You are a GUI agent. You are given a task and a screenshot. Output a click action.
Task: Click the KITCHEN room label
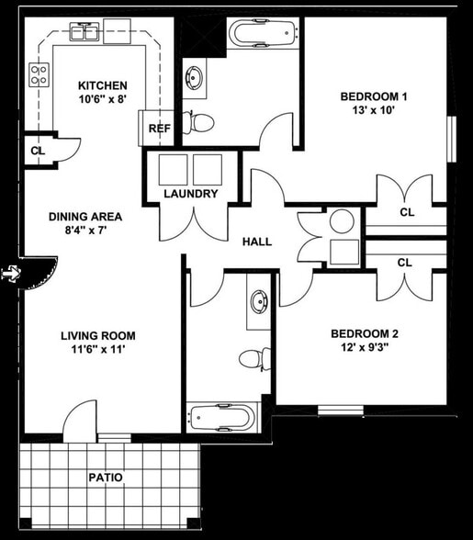(103, 85)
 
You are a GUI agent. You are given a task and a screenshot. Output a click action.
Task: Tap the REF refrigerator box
(160, 128)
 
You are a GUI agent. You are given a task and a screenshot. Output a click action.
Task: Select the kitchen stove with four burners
(39, 73)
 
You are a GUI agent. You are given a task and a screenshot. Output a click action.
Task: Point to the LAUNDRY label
(190, 194)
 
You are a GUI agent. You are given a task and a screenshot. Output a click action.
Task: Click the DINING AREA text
(85, 217)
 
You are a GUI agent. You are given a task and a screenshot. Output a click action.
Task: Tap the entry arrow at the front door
(11, 273)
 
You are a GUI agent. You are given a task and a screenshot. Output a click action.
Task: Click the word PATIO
(106, 478)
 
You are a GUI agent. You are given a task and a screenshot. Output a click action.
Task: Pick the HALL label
(256, 242)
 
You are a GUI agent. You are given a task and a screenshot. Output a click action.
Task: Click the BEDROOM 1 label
(374, 96)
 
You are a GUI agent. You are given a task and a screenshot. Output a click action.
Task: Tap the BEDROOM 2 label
(365, 333)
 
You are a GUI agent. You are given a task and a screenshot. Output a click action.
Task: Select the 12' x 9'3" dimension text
(365, 349)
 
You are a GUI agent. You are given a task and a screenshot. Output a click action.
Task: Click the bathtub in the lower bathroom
(220, 419)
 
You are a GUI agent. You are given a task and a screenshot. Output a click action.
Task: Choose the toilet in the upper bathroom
(201, 120)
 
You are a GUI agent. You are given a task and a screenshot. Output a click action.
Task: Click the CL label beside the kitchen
(38, 151)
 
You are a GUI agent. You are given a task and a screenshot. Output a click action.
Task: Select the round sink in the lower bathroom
(260, 301)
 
